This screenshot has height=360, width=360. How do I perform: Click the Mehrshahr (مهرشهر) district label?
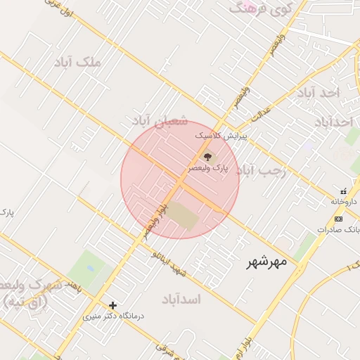click(268, 263)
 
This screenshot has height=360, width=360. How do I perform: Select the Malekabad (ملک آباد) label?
click(77, 63)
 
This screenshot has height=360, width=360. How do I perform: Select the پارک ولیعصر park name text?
click(209, 168)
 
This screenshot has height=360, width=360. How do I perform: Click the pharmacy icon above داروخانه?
click(343, 191)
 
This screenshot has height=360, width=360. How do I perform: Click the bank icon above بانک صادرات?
click(338, 219)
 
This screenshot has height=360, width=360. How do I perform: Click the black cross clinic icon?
click(112, 305)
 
